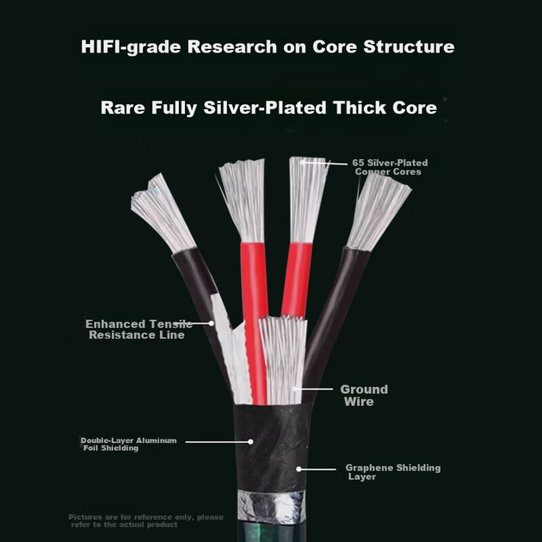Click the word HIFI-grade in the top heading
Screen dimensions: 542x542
click(x=131, y=47)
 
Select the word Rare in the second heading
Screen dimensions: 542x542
click(x=123, y=108)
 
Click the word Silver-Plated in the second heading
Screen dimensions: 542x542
click(x=265, y=108)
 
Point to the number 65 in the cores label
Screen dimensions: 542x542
click(x=358, y=163)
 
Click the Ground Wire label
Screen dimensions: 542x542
click(x=364, y=396)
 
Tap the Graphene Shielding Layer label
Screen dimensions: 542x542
click(x=393, y=472)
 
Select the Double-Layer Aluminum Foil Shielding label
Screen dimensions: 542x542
click(x=128, y=444)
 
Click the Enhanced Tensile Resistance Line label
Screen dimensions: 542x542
click(x=139, y=330)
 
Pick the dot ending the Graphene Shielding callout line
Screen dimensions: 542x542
click(x=299, y=469)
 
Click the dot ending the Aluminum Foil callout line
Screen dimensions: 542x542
click(x=250, y=441)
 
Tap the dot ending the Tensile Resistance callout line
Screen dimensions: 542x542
click(x=211, y=323)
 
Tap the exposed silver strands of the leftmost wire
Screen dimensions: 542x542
click(x=162, y=213)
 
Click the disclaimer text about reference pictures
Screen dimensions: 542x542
click(x=146, y=520)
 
